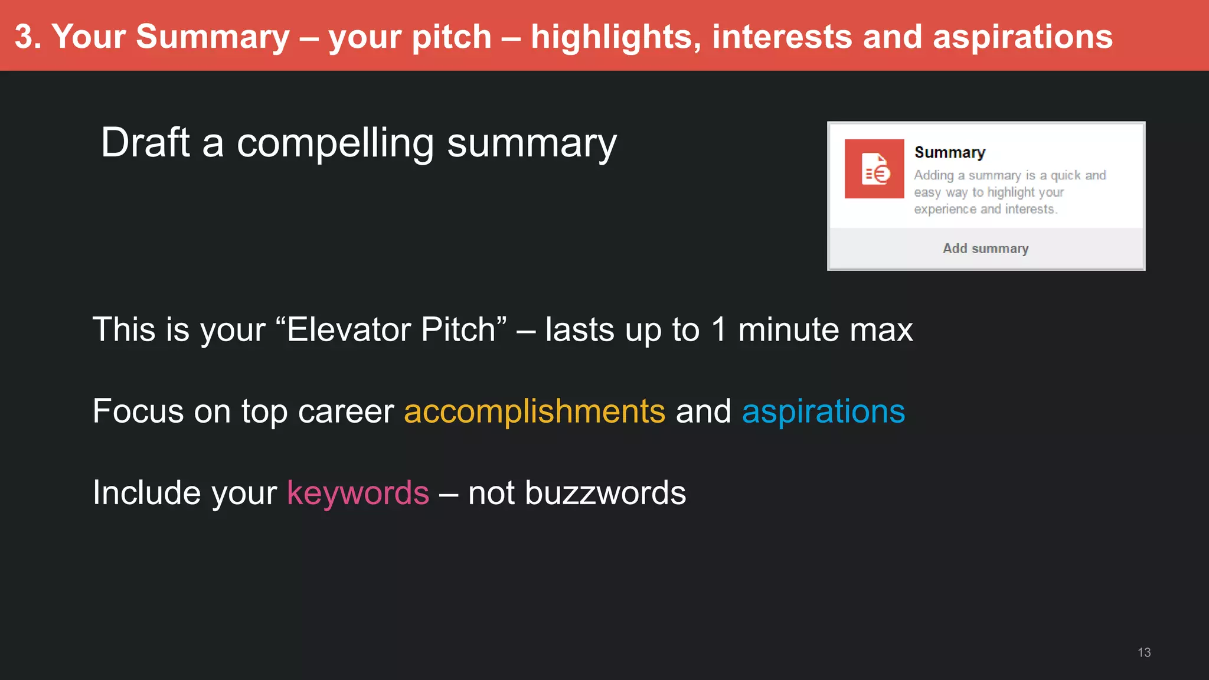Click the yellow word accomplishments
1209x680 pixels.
[x=534, y=411]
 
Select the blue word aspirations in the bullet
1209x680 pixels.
[x=823, y=411]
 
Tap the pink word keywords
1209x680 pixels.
[x=358, y=493]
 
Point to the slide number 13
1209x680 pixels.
[x=1143, y=652]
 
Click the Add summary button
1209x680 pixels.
[x=985, y=249]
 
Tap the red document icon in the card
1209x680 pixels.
[x=874, y=169]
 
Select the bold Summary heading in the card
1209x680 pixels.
[x=949, y=152]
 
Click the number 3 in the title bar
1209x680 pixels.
[x=24, y=37]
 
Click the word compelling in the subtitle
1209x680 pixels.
[x=335, y=143]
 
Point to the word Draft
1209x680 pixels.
[x=145, y=143]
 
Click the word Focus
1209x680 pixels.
[x=138, y=411]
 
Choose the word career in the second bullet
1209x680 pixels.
[x=346, y=411]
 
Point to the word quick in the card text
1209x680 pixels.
[x=1066, y=175]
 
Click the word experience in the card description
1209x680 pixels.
[x=945, y=209]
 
